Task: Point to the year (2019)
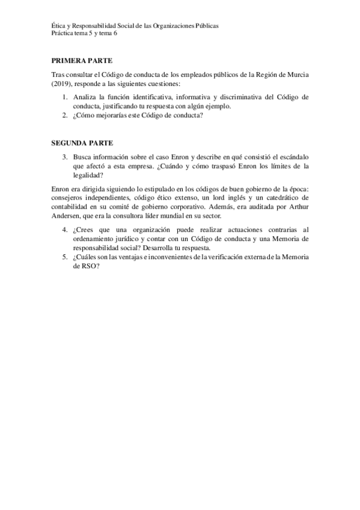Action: coord(62,84)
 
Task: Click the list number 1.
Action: coord(65,97)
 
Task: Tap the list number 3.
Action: coord(65,158)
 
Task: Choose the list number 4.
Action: coord(65,230)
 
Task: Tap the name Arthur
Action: coord(297,206)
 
